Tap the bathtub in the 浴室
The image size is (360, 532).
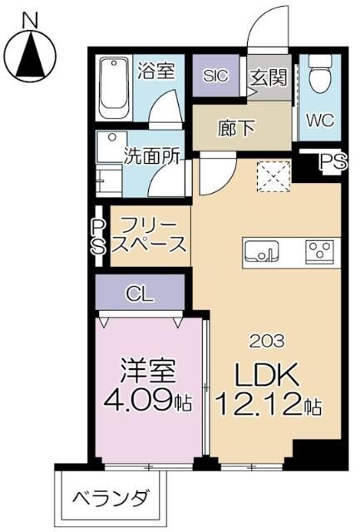point(111,87)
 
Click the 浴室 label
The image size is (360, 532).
point(155,71)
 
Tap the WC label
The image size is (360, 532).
point(320,120)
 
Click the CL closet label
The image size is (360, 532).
point(138,293)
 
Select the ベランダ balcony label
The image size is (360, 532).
point(111,500)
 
